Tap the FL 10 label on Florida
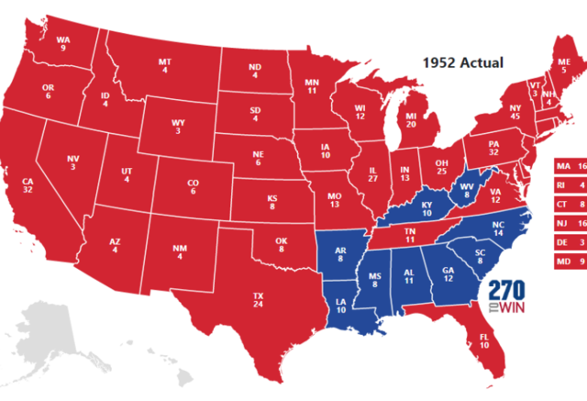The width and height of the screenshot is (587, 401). [x=483, y=341]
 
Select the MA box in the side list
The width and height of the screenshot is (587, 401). [x=570, y=165]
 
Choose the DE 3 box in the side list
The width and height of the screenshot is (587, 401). [x=570, y=241]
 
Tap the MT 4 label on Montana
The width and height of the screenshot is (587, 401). [x=165, y=67]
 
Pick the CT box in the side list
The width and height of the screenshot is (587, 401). [x=570, y=203]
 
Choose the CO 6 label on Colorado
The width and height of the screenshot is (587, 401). [x=193, y=188]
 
